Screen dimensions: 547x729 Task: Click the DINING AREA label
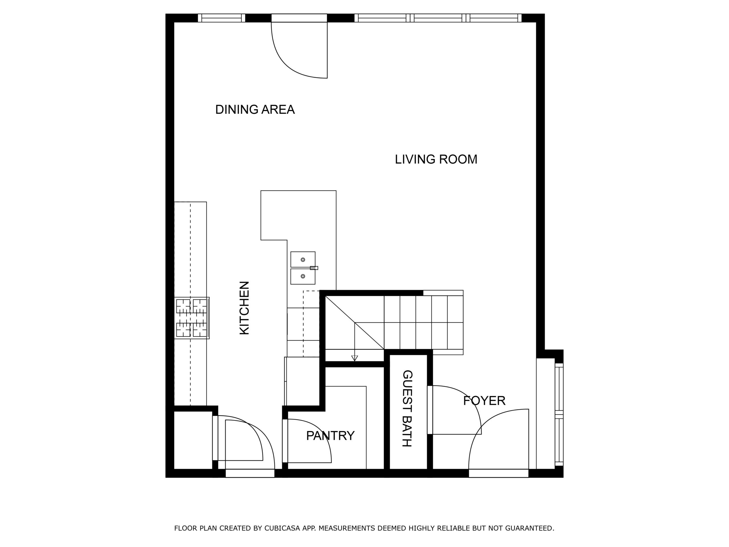tap(255, 109)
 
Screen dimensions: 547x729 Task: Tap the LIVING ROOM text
tap(436, 159)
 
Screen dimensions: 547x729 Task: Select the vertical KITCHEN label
tap(244, 308)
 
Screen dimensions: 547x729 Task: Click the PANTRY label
tap(330, 436)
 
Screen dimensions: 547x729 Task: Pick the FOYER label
tap(484, 401)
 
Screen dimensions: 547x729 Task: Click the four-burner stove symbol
tap(191, 318)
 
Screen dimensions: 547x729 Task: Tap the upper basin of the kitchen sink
tap(302, 259)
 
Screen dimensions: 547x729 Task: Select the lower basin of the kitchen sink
tap(302, 276)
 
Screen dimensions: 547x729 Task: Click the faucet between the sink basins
tap(314, 268)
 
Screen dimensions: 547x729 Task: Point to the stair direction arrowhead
tap(355, 358)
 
